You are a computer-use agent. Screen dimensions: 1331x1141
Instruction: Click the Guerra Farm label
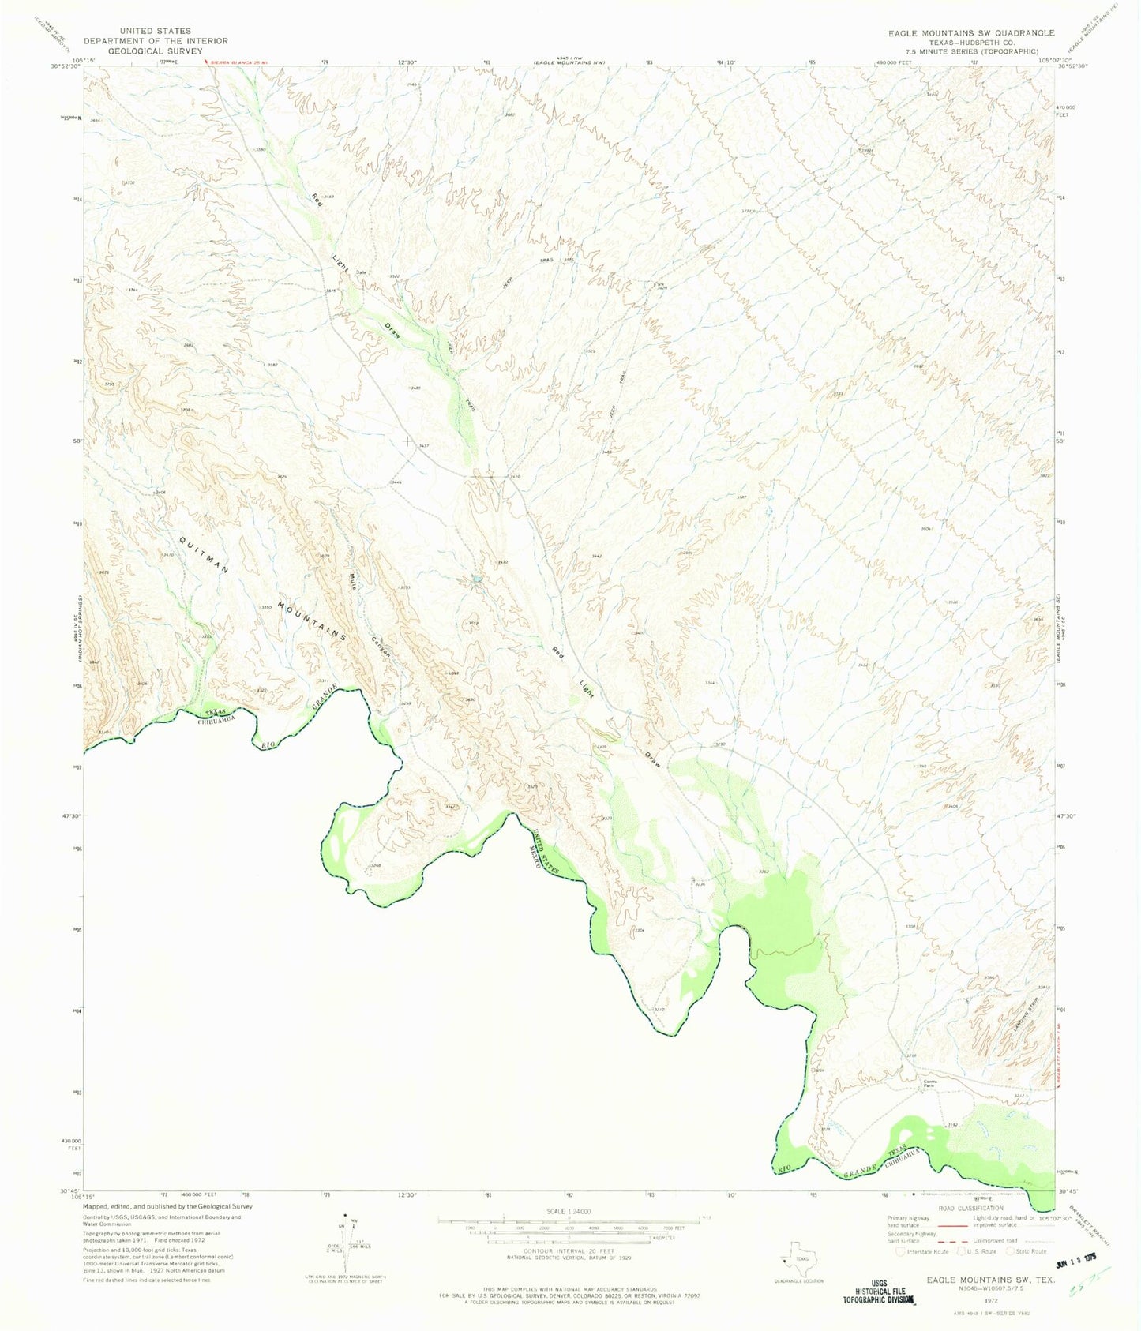pos(929,1084)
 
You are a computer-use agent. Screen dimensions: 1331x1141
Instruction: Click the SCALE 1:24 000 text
pos(568,1211)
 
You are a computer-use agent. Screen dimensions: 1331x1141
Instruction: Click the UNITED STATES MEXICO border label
pos(545,854)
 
